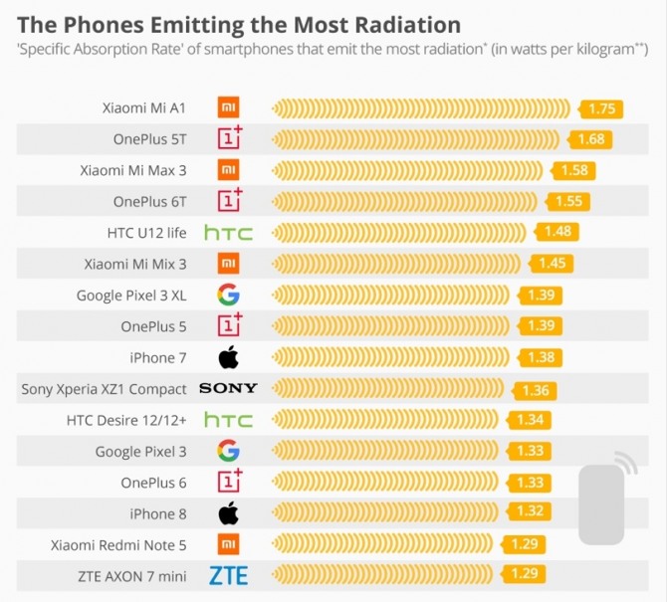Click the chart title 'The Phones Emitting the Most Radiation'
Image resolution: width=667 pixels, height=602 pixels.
pyautogui.click(x=239, y=24)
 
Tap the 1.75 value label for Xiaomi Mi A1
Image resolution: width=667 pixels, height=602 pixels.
pyautogui.click(x=602, y=109)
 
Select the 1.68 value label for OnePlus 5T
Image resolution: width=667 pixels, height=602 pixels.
pyautogui.click(x=590, y=139)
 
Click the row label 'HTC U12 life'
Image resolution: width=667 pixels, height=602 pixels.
pyautogui.click(x=146, y=233)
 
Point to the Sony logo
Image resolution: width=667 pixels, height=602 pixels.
pyautogui.click(x=228, y=388)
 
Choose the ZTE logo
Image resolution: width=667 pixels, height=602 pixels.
pyautogui.click(x=228, y=574)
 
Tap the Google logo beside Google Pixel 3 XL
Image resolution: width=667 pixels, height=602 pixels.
pyautogui.click(x=228, y=295)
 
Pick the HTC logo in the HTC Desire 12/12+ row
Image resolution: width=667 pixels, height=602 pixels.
pyautogui.click(x=228, y=419)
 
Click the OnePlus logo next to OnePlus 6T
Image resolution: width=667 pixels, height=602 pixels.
pyautogui.click(x=229, y=200)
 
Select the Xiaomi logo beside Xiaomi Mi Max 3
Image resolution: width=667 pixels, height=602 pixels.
pyautogui.click(x=228, y=169)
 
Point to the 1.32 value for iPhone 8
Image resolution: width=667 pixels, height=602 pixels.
pyautogui.click(x=530, y=511)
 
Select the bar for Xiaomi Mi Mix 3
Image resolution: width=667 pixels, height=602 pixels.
pyautogui.click(x=399, y=264)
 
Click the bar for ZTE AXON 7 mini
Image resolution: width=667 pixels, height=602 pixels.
pyautogui.click(x=389, y=574)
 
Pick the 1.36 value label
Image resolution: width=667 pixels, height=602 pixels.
pyautogui.click(x=535, y=389)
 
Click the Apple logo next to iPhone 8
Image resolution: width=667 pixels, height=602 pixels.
pyautogui.click(x=228, y=513)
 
